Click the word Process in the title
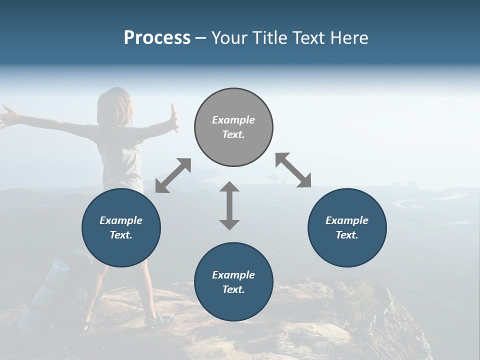pyautogui.click(x=157, y=38)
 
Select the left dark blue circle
pyautogui.click(x=121, y=227)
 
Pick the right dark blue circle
pyautogui.click(x=347, y=227)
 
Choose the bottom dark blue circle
pyautogui.click(x=233, y=282)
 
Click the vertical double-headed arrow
pyautogui.click(x=229, y=205)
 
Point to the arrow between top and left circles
pyautogui.click(x=173, y=175)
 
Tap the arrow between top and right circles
pyautogui.click(x=293, y=170)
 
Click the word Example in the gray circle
pyautogui.click(x=233, y=120)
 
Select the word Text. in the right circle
pyautogui.click(x=347, y=235)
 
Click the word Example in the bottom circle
pyautogui.click(x=233, y=275)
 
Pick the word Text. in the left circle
pyautogui.click(x=121, y=235)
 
